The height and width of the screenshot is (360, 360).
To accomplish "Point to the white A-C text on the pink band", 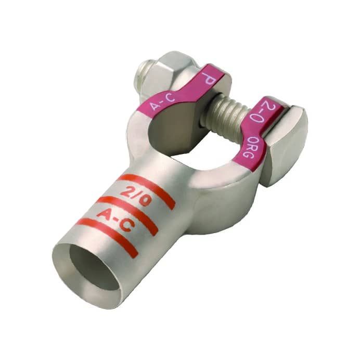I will (x=162, y=101).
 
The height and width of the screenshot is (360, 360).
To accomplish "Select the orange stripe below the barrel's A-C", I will (x=107, y=234).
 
